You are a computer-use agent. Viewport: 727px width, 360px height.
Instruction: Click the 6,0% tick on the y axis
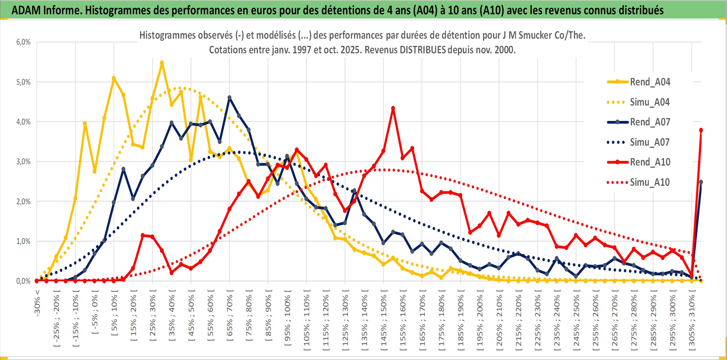click(x=23, y=42)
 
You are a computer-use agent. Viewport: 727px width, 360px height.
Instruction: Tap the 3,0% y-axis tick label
click(x=23, y=162)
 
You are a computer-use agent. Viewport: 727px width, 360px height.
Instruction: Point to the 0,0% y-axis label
click(x=23, y=281)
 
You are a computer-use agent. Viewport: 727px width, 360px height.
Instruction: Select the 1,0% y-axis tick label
click(x=23, y=241)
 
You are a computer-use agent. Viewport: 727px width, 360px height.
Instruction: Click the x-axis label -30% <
click(x=37, y=303)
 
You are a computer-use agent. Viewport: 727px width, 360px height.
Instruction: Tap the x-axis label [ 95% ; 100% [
click(x=288, y=321)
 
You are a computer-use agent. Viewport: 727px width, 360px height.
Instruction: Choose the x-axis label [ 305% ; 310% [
click(x=692, y=321)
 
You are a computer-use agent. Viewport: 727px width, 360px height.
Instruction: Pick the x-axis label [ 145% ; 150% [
click(x=384, y=321)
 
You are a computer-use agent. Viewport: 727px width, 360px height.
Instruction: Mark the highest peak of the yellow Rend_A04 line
click(x=162, y=63)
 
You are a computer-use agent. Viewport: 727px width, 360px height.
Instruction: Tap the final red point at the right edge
click(x=701, y=130)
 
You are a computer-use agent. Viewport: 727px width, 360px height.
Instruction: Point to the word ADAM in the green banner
click(x=26, y=10)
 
